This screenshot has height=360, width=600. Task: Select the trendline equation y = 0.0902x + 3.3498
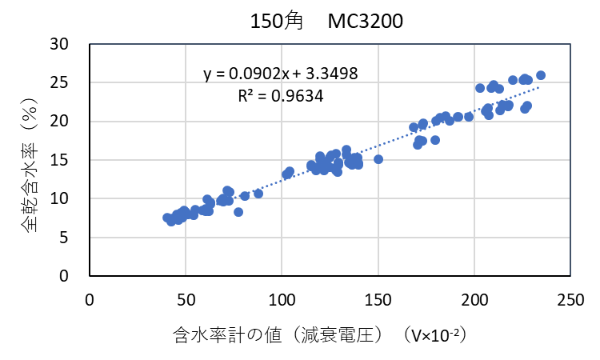pos(280,74)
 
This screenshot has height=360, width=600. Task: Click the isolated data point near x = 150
pos(378,159)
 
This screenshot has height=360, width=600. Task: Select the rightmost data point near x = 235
pos(540,75)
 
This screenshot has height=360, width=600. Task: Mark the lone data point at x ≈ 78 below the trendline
pos(238,212)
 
